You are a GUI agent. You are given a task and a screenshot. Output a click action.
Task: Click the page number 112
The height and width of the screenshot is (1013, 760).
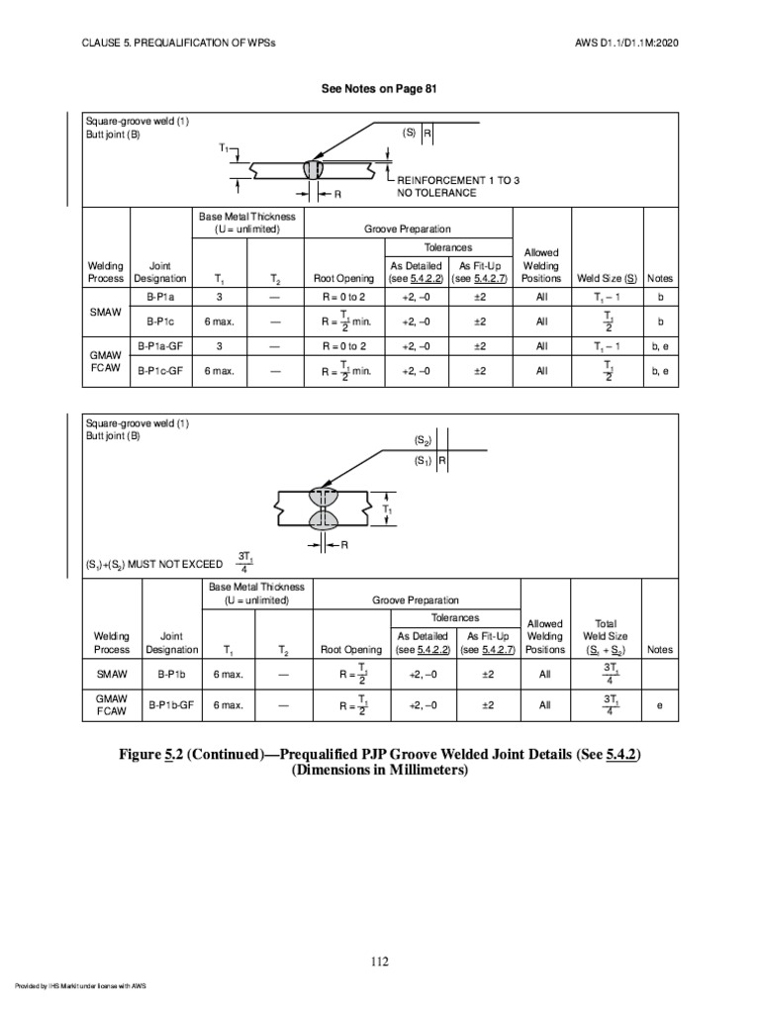pyautogui.click(x=380, y=962)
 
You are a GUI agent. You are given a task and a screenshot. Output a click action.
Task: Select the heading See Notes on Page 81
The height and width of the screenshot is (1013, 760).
pyautogui.click(x=379, y=89)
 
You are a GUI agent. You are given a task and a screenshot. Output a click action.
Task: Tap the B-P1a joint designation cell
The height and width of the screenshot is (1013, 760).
pyautogui.click(x=160, y=296)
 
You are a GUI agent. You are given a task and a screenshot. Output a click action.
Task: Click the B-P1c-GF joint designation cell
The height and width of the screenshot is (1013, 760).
pyautogui.click(x=160, y=371)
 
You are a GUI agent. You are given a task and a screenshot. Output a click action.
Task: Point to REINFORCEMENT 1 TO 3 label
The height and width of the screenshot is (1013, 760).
pyautogui.click(x=458, y=180)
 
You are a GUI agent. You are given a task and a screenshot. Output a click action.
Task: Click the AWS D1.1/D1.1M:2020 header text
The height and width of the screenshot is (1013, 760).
pyautogui.click(x=625, y=44)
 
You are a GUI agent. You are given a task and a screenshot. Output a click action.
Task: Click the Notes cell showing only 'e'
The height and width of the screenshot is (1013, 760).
pyautogui.click(x=659, y=705)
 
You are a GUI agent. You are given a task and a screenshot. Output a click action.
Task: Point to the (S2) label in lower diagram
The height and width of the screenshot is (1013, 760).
pyautogui.click(x=422, y=439)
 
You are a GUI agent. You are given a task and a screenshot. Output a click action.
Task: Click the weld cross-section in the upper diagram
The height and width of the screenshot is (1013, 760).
pyautogui.click(x=314, y=170)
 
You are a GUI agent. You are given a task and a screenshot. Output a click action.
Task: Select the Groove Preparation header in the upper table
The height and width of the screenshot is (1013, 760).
pyautogui.click(x=408, y=228)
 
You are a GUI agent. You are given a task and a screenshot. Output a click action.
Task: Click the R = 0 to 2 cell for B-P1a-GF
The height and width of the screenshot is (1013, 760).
pyautogui.click(x=343, y=346)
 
